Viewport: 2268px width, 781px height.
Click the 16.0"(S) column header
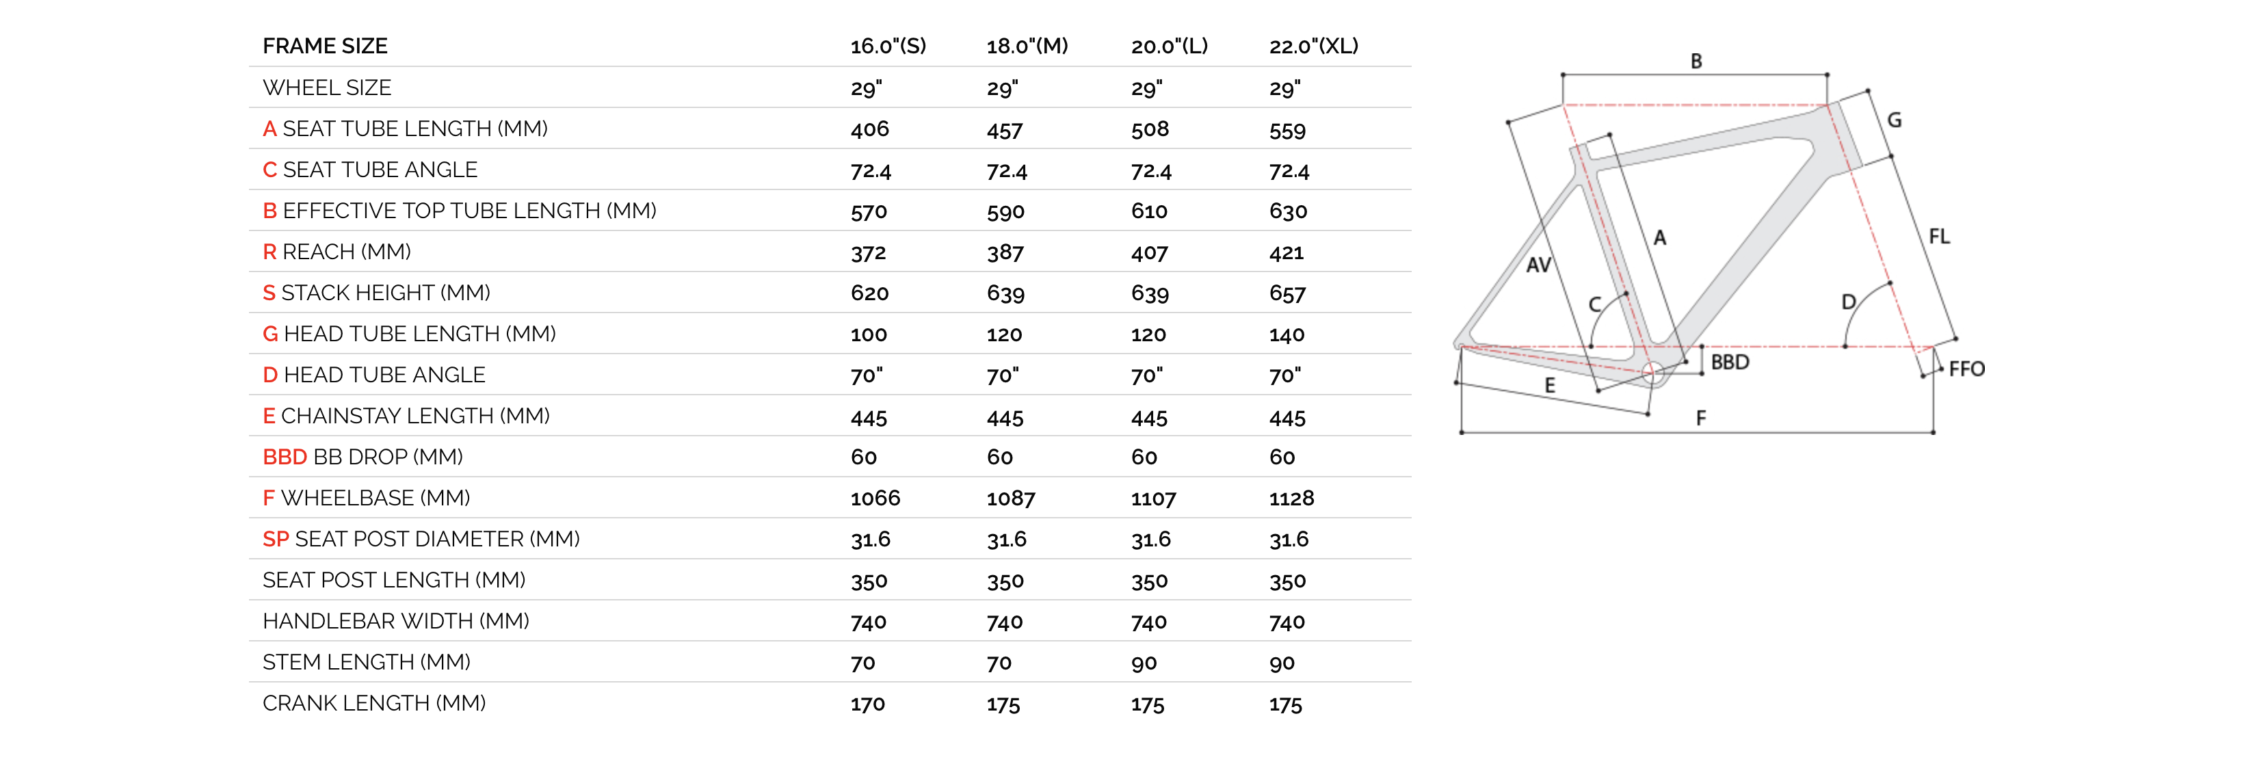click(x=888, y=46)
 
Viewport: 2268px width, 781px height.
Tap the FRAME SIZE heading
click(x=325, y=46)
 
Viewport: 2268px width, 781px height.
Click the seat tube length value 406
click(x=870, y=129)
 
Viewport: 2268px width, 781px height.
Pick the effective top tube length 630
click(x=1288, y=211)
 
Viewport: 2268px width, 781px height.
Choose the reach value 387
click(x=1005, y=253)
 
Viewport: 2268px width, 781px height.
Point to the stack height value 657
click(x=1287, y=293)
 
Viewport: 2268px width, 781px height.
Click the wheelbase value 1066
click(x=875, y=499)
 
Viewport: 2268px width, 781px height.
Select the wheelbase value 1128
click(x=1291, y=499)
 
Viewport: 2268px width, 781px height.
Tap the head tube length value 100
click(x=869, y=334)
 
